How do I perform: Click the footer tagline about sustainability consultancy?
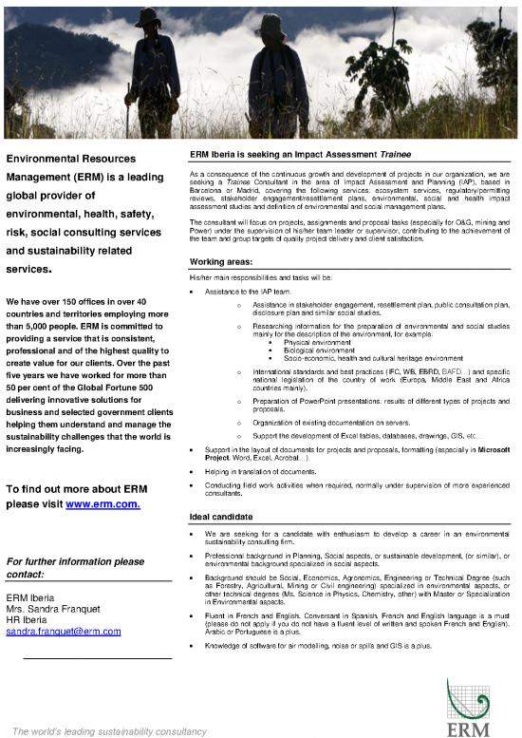pos(104,730)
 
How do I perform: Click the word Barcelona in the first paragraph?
pos(207,189)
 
